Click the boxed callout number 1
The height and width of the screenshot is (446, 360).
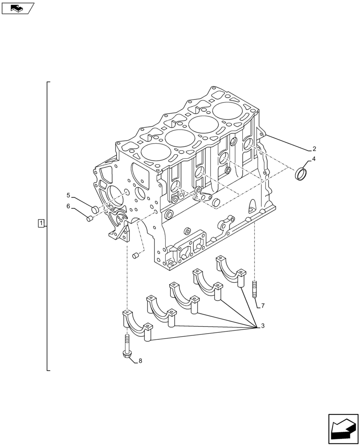pyautogui.click(x=41, y=223)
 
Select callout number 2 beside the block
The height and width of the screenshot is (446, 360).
pyautogui.click(x=314, y=149)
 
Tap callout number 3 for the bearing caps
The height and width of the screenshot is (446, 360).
pyautogui.click(x=262, y=326)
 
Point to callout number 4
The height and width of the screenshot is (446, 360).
pyautogui.click(x=314, y=159)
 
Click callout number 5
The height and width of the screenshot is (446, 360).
pyautogui.click(x=68, y=195)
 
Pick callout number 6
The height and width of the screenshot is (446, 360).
pyautogui.click(x=68, y=206)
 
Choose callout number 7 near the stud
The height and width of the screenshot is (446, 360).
pyautogui.click(x=263, y=306)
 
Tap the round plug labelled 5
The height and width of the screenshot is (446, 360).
pyautogui.click(x=94, y=209)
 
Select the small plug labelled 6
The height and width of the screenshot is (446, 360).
pyautogui.click(x=89, y=218)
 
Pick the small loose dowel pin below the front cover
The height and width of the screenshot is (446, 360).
pyautogui.click(x=136, y=256)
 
